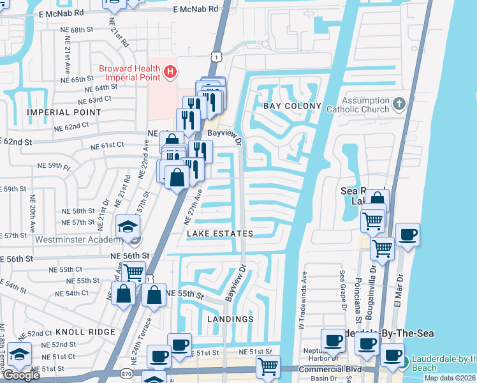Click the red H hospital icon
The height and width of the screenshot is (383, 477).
[170, 73]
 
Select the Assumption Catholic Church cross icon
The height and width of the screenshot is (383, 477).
[399, 103]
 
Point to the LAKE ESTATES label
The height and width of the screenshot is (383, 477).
[220, 234]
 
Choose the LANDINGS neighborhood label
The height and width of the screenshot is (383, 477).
[230, 319]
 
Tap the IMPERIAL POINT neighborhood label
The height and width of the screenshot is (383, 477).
[64, 112]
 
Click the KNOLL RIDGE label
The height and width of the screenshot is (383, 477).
[85, 332]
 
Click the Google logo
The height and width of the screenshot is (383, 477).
[21, 375]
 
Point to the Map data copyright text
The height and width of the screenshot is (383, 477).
[450, 378]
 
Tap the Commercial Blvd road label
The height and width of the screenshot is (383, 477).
[330, 370]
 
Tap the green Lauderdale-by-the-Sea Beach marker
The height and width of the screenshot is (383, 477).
[404, 363]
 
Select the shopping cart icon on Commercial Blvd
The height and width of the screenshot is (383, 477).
[268, 366]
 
